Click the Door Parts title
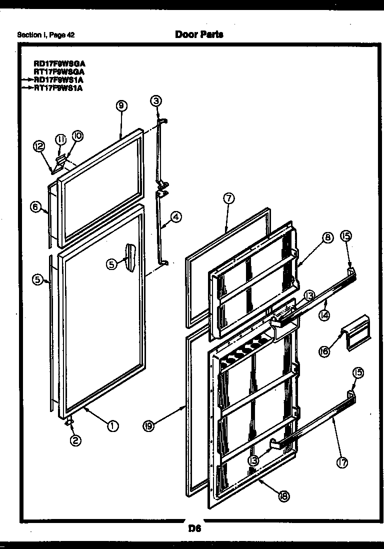(x=199, y=34)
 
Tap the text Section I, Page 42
(x=46, y=35)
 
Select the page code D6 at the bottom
(x=194, y=529)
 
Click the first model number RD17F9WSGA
(x=59, y=64)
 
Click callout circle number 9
(x=121, y=105)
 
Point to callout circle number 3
(x=156, y=101)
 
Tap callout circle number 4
(x=175, y=216)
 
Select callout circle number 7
(x=228, y=198)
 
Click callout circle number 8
(x=327, y=238)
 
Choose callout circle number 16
(x=325, y=351)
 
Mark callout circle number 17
(x=342, y=463)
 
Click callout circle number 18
(x=283, y=496)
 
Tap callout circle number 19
(x=148, y=426)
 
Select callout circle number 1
(x=113, y=426)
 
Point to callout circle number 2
(x=75, y=440)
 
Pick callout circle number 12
(x=39, y=146)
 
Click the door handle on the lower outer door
(x=130, y=255)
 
